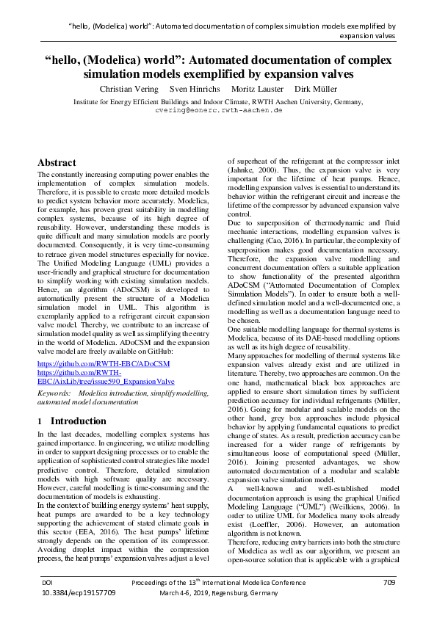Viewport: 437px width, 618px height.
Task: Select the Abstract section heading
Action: (x=57, y=162)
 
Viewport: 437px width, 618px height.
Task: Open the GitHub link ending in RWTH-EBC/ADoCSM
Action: (x=104, y=363)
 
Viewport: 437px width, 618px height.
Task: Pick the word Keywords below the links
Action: (x=54, y=394)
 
